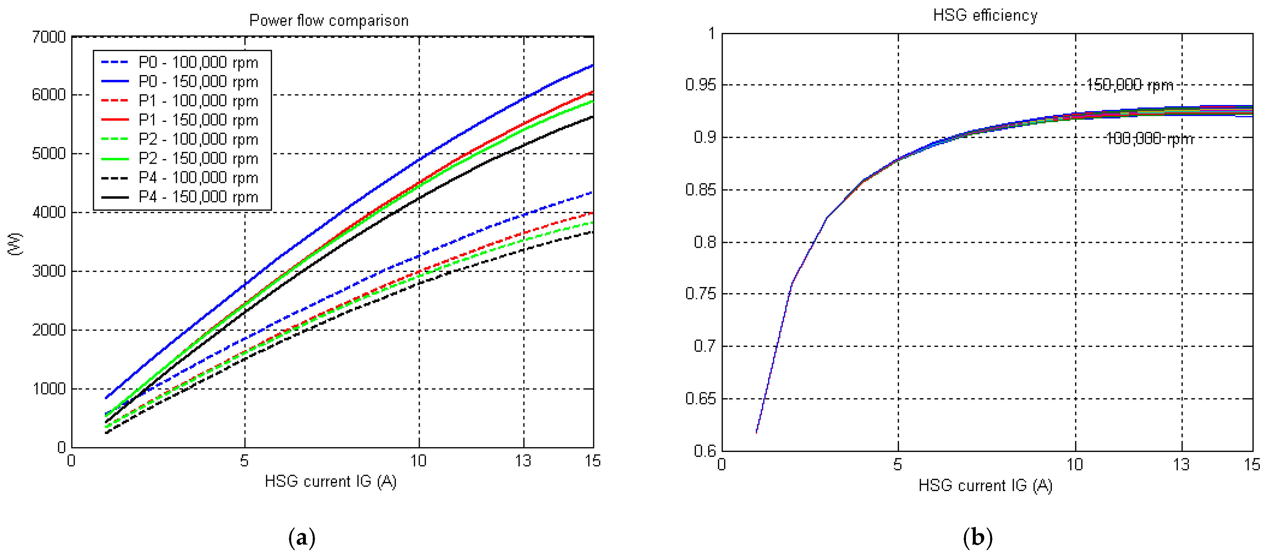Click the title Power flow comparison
[328, 21]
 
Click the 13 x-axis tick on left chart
[523, 461]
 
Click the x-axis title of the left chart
[330, 481]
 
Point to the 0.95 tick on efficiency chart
[700, 85]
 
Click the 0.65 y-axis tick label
[700, 398]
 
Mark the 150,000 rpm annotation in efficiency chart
[1130, 85]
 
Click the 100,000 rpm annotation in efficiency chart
[1149, 139]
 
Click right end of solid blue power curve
[592, 65]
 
